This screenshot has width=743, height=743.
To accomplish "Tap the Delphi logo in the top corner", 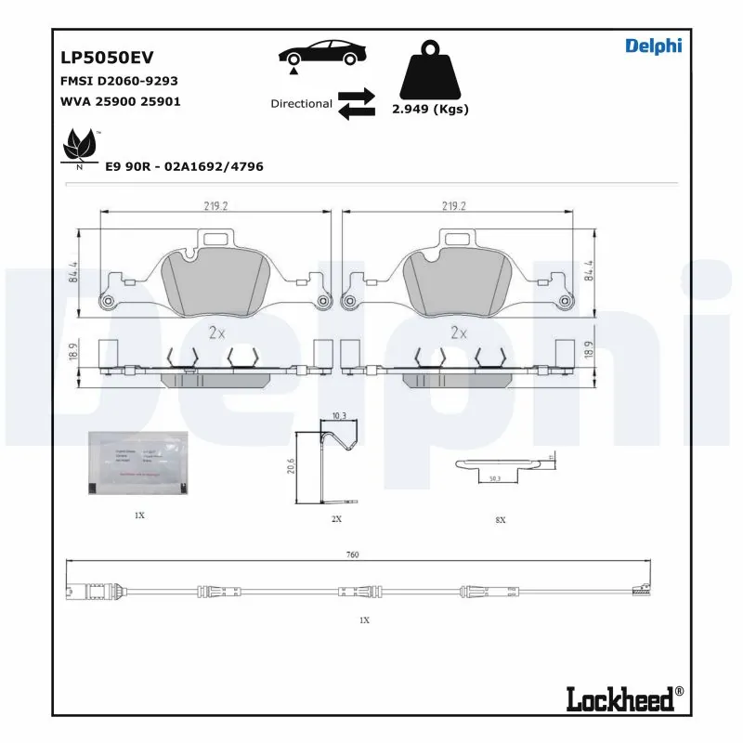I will [653, 46].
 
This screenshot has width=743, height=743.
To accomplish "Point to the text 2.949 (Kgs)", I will [430, 109].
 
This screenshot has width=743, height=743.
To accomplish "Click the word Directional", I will [301, 104].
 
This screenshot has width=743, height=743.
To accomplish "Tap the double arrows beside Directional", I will [356, 104].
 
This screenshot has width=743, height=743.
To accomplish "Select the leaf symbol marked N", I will [80, 148].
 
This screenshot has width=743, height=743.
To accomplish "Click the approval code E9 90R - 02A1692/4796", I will [184, 166].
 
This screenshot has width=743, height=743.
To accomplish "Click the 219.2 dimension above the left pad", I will [215, 207].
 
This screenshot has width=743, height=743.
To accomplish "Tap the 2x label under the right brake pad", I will [457, 332].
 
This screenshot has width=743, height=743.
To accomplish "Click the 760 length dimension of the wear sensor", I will [352, 554].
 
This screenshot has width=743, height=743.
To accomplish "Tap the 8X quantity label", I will [500, 520].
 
